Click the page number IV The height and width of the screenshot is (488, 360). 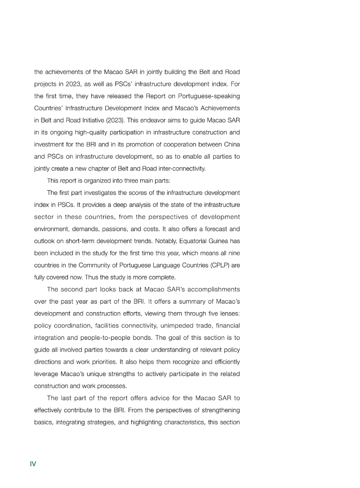pyautogui.click(x=33, y=464)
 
